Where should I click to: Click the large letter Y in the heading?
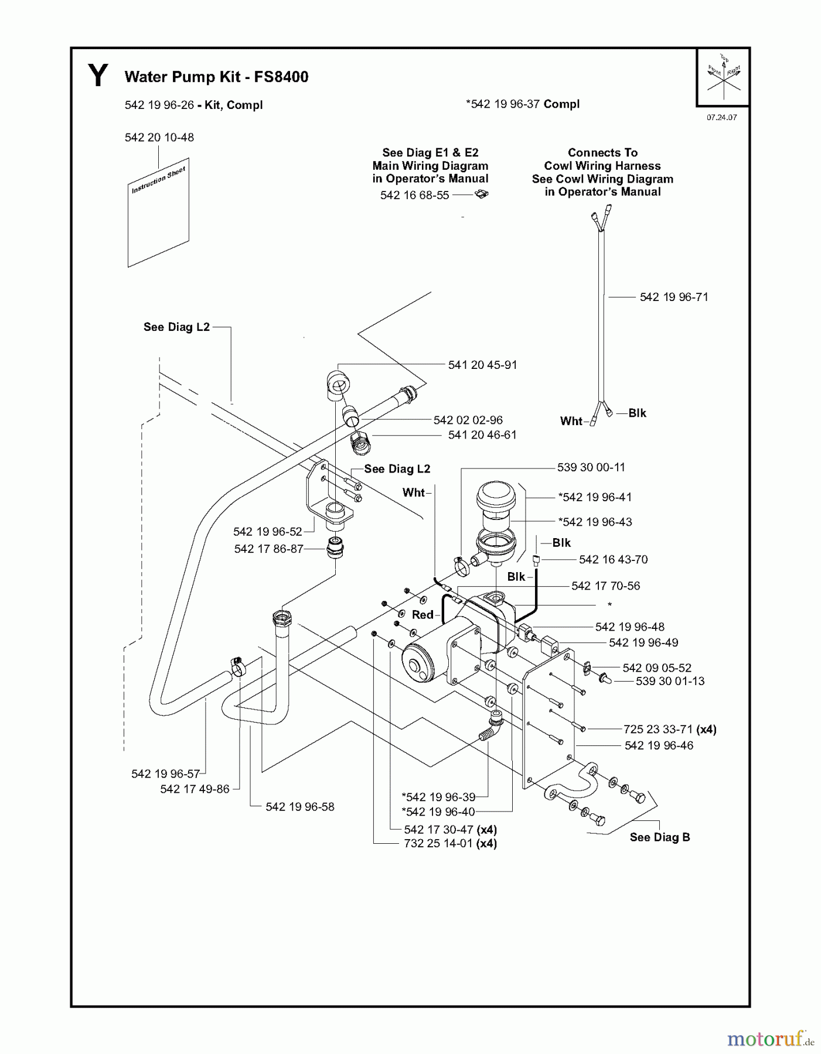click(x=98, y=76)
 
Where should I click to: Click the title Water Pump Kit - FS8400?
click(x=216, y=77)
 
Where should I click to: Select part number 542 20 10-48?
click(x=159, y=138)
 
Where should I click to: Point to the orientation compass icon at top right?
click(x=724, y=77)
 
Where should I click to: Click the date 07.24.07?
click(x=721, y=117)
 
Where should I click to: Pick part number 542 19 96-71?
click(x=673, y=297)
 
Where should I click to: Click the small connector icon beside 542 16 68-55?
click(x=482, y=194)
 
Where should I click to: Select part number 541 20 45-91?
click(x=482, y=365)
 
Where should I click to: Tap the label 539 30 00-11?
click(x=591, y=467)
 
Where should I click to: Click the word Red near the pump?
click(x=423, y=615)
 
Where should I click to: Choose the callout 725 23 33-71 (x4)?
click(x=669, y=729)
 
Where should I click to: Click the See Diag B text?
click(x=659, y=837)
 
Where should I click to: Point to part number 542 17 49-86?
click(x=195, y=789)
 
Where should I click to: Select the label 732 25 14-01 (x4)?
click(x=450, y=844)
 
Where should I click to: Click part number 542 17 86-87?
click(x=268, y=549)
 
